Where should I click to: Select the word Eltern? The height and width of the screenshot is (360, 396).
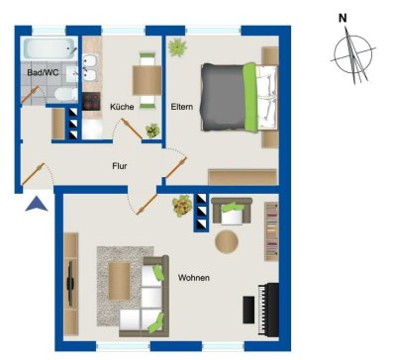point(182,107)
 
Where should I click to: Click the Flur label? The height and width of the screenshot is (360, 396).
point(119,166)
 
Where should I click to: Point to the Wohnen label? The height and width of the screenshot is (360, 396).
point(193,278)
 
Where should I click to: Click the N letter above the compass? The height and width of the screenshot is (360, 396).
point(343,17)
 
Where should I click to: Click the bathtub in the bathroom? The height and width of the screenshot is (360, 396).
point(48,48)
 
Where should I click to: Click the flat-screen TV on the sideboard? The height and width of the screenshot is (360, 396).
point(70,282)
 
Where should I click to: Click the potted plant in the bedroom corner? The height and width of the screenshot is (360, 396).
point(177,46)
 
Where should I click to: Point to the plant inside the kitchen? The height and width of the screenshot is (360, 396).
point(151,129)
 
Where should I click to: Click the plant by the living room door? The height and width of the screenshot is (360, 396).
point(182,207)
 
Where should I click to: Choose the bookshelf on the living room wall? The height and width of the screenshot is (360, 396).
point(271,231)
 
